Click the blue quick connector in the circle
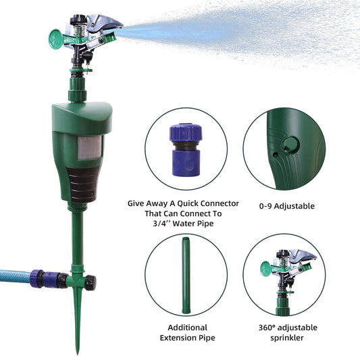pyautogui.click(x=186, y=150)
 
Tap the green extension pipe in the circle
pyautogui.click(x=186, y=276)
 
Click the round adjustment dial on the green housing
pyautogui.click(x=290, y=145)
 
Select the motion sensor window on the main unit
pyautogui.click(x=90, y=148)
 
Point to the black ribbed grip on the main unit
pyautogui.click(x=82, y=184)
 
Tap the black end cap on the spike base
pyautogui.click(x=91, y=282)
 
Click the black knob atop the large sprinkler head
pyautogui.click(x=78, y=20)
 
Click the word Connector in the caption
pyautogui.click(x=220, y=203)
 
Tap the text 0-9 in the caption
pyautogui.click(x=265, y=206)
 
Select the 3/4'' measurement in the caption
pyautogui.click(x=161, y=224)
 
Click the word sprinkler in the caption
pyautogui.click(x=287, y=338)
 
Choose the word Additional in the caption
pyautogui.click(x=187, y=328)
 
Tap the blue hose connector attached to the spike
pyautogui.click(x=49, y=279)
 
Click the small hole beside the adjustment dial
pyautogui.click(x=275, y=155)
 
